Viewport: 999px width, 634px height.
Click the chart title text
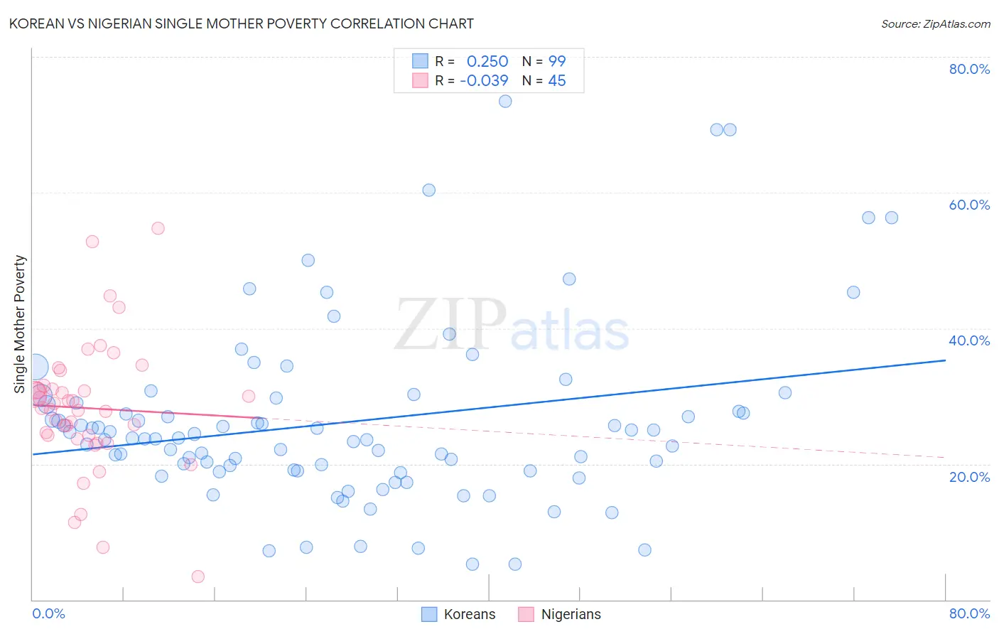click(x=242, y=23)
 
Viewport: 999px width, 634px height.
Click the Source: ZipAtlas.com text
click(x=935, y=23)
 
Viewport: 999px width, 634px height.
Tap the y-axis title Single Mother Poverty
click(x=20, y=324)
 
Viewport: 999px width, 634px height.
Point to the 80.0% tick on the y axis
click(x=969, y=69)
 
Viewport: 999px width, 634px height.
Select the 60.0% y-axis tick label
click(x=969, y=205)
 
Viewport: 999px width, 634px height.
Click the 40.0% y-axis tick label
click(x=969, y=340)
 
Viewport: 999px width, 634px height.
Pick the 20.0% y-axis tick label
click(x=969, y=476)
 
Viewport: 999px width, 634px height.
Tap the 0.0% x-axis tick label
click(x=48, y=613)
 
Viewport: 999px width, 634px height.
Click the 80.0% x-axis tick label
click(x=969, y=613)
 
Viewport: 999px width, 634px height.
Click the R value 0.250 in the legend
click(x=487, y=61)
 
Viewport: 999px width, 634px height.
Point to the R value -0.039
click(x=484, y=80)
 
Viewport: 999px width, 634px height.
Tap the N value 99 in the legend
click(x=557, y=61)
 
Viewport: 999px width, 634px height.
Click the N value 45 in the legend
click(x=557, y=80)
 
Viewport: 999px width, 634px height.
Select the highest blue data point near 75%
click(x=505, y=101)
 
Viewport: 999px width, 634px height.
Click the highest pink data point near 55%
click(x=158, y=228)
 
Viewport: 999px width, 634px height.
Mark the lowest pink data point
click(x=198, y=576)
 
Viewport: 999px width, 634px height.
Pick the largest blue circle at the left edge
click(x=35, y=367)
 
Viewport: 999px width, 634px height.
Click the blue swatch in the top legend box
click(x=420, y=61)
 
